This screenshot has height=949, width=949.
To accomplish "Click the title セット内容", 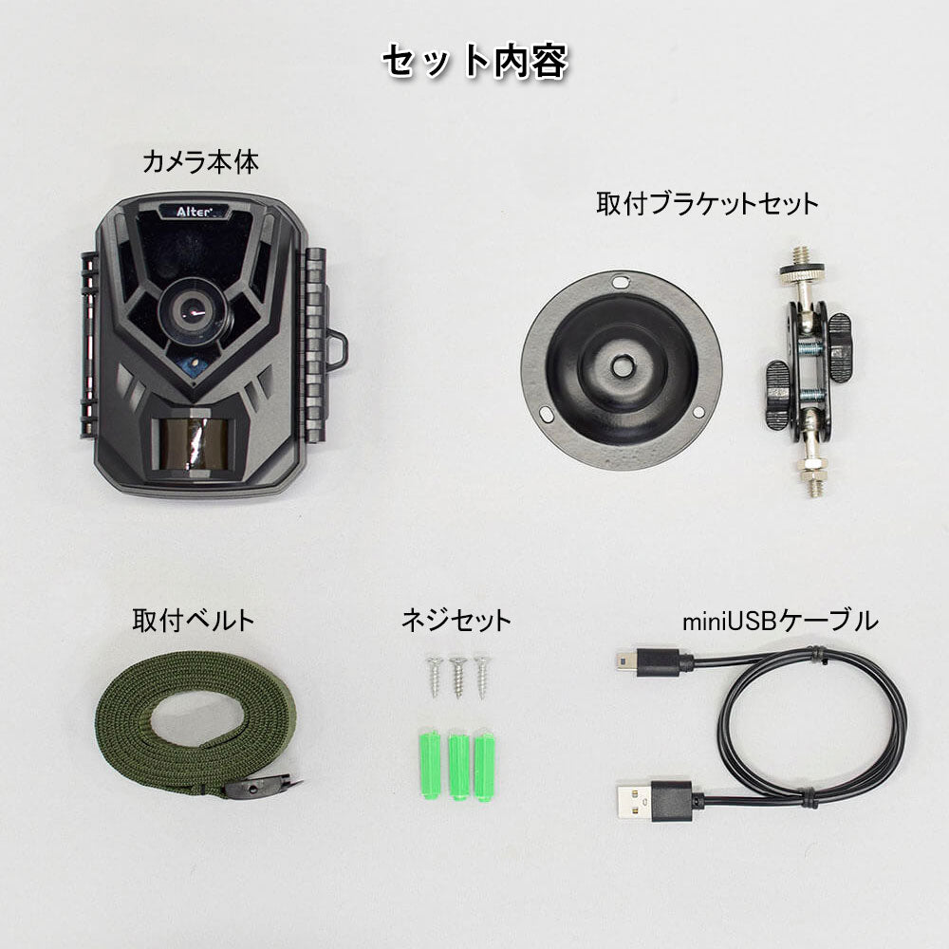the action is pyautogui.click(x=475, y=61).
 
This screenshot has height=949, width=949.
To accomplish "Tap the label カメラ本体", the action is pyautogui.click(x=200, y=162).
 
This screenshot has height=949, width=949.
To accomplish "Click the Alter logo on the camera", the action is pyautogui.click(x=194, y=212).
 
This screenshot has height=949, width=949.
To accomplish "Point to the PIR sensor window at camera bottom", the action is pyautogui.click(x=190, y=442).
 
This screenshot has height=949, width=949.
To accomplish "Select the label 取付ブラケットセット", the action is pyautogui.click(x=707, y=203).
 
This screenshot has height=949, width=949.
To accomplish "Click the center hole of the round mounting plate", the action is pyautogui.click(x=622, y=365).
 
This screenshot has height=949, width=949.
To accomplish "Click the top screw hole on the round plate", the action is pyautogui.click(x=621, y=282).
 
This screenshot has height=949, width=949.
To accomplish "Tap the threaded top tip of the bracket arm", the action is pyautogui.click(x=802, y=254).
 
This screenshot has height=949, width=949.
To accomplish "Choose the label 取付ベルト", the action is pyautogui.click(x=193, y=621).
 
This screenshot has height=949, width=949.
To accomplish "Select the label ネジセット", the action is pyautogui.click(x=456, y=621).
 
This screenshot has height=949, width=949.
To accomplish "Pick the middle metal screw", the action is pyautogui.click(x=458, y=678).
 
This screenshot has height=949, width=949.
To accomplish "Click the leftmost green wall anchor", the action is pyautogui.click(x=430, y=765).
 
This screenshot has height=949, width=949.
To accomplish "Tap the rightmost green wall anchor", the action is pyautogui.click(x=484, y=768).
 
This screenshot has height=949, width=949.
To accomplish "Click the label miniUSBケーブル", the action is pyautogui.click(x=779, y=621).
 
